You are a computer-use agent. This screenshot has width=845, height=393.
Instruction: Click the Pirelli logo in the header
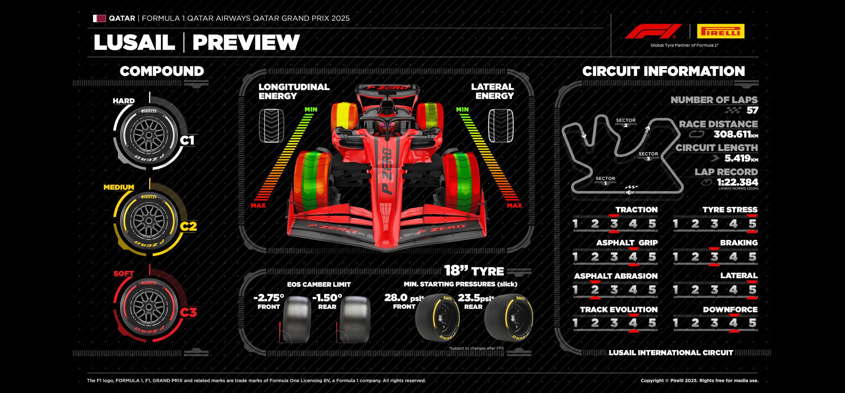[720, 31]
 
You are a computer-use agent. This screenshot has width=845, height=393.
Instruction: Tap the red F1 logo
[653, 31]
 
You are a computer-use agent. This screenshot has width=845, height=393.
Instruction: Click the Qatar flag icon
[99, 18]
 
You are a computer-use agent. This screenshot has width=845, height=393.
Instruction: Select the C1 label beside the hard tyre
[187, 140]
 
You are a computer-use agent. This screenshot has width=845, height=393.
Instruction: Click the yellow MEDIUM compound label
[119, 187]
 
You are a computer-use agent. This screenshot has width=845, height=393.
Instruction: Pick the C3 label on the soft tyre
[188, 312]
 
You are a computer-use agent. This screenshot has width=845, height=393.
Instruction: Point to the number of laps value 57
[752, 110]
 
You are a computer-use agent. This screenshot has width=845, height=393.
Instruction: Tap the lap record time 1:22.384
[737, 182]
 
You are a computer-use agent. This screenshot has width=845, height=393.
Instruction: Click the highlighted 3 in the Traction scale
[614, 224]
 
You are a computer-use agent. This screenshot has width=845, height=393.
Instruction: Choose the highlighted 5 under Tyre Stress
[752, 224]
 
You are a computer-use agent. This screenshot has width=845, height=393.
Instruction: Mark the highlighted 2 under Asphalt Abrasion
[595, 290]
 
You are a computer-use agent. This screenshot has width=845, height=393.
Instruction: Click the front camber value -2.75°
[269, 298]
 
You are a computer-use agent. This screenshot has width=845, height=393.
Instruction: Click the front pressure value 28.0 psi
[403, 298]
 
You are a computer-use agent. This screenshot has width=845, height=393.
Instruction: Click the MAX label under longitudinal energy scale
[258, 205]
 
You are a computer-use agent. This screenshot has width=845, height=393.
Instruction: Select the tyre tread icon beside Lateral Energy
[500, 126]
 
